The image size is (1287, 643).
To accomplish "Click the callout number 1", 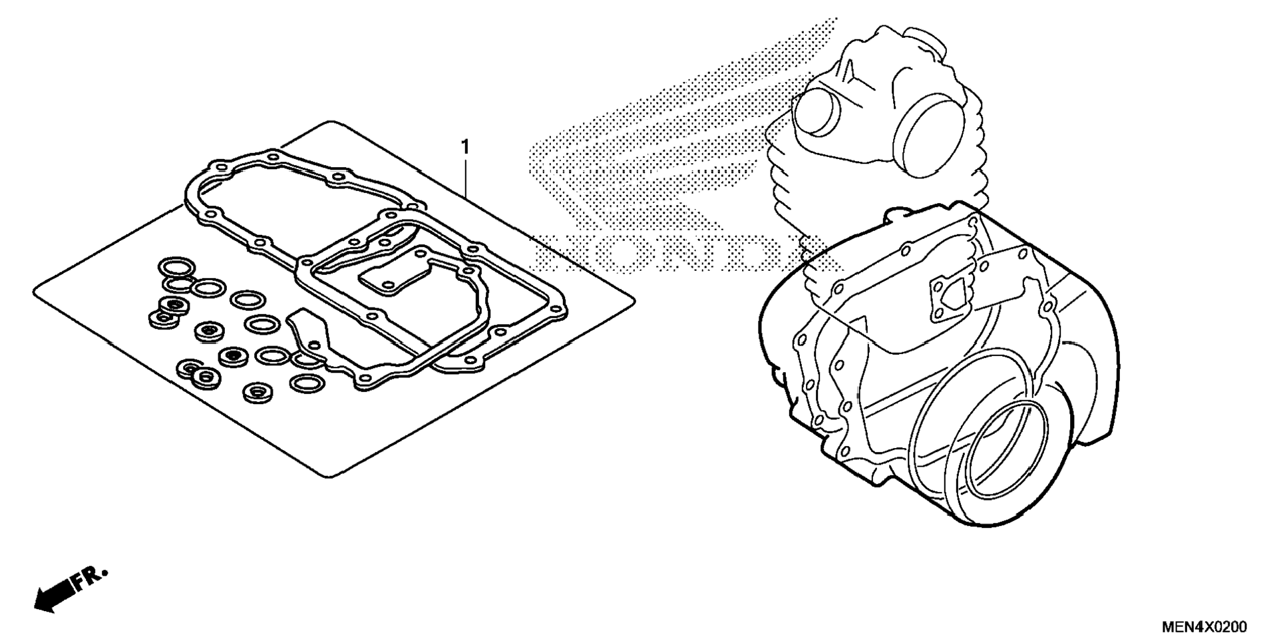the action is [x=465, y=146].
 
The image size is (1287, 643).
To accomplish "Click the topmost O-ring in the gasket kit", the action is [x=176, y=268].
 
